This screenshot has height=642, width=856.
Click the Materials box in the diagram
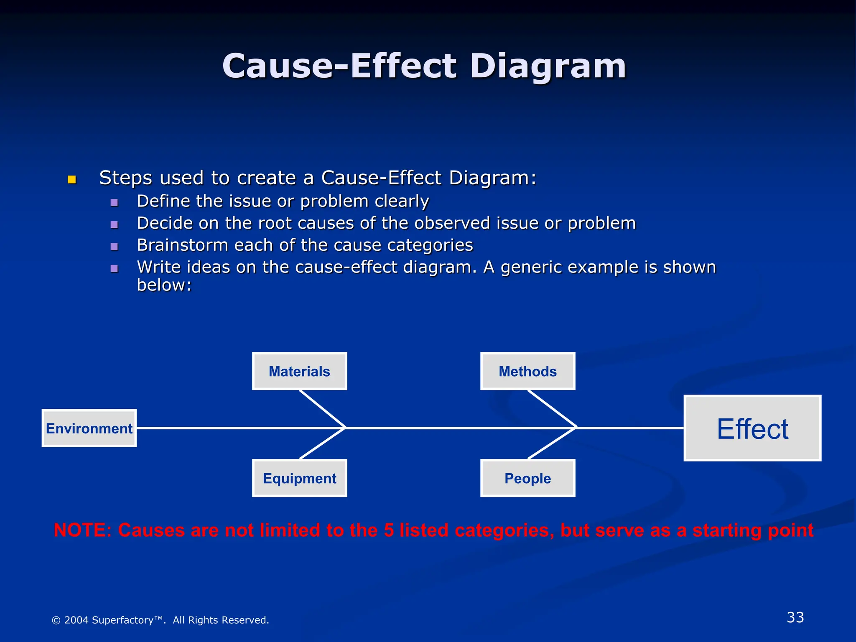tap(299, 371)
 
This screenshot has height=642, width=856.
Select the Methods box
tap(527, 371)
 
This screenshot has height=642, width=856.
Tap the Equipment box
tap(299, 478)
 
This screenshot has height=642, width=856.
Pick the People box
tap(527, 478)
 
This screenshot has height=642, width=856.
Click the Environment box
tap(89, 428)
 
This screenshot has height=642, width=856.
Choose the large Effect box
tap(752, 428)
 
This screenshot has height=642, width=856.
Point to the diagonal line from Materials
tap(322, 408)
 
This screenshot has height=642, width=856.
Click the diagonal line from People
tap(552, 443)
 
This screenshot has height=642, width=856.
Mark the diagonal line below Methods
tap(552, 408)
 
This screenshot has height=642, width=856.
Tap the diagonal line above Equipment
tap(322, 443)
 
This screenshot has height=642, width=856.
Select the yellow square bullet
tap(72, 180)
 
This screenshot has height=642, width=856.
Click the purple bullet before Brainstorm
tap(114, 246)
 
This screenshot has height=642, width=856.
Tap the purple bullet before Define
tap(114, 203)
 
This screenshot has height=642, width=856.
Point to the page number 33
tap(795, 617)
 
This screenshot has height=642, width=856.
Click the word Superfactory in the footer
tap(122, 620)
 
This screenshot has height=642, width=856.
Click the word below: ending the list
tap(164, 285)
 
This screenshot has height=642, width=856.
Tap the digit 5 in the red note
tap(389, 530)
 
